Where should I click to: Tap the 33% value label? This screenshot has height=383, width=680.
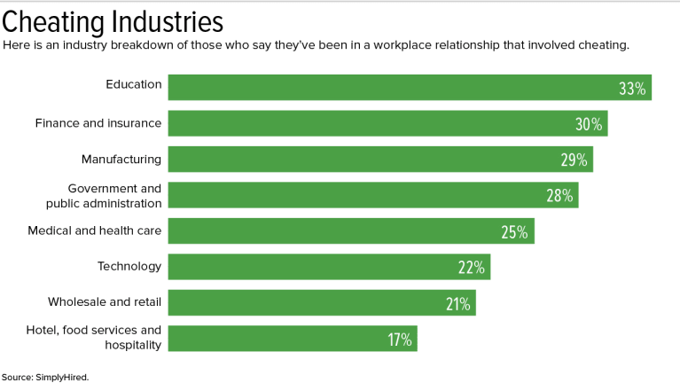coord(633,88)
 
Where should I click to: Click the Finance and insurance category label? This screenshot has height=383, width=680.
coord(98,123)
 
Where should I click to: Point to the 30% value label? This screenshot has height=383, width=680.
coord(589,124)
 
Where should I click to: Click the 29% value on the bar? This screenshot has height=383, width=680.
coord(574,160)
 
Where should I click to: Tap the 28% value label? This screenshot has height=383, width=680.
coord(559,196)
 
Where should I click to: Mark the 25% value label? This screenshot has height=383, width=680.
coord(515,232)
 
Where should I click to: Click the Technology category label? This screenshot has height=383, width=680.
coord(129,266)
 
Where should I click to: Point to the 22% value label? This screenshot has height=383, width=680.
coord(471,268)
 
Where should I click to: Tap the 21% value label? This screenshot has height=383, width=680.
coord(457,304)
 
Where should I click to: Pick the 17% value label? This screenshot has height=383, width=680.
coord(399,340)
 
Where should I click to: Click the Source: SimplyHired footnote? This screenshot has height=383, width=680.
coord(45,376)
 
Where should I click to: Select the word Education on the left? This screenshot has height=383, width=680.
coord(134,85)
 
